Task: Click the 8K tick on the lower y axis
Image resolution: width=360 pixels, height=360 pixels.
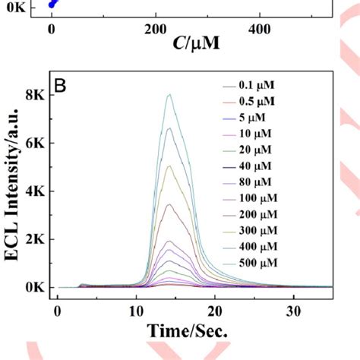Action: pos(35,96)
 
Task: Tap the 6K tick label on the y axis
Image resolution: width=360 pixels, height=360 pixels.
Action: pos(35,144)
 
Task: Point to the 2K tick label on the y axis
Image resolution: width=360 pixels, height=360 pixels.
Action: pos(35,239)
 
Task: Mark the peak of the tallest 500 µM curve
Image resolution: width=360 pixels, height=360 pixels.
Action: pos(169,95)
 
